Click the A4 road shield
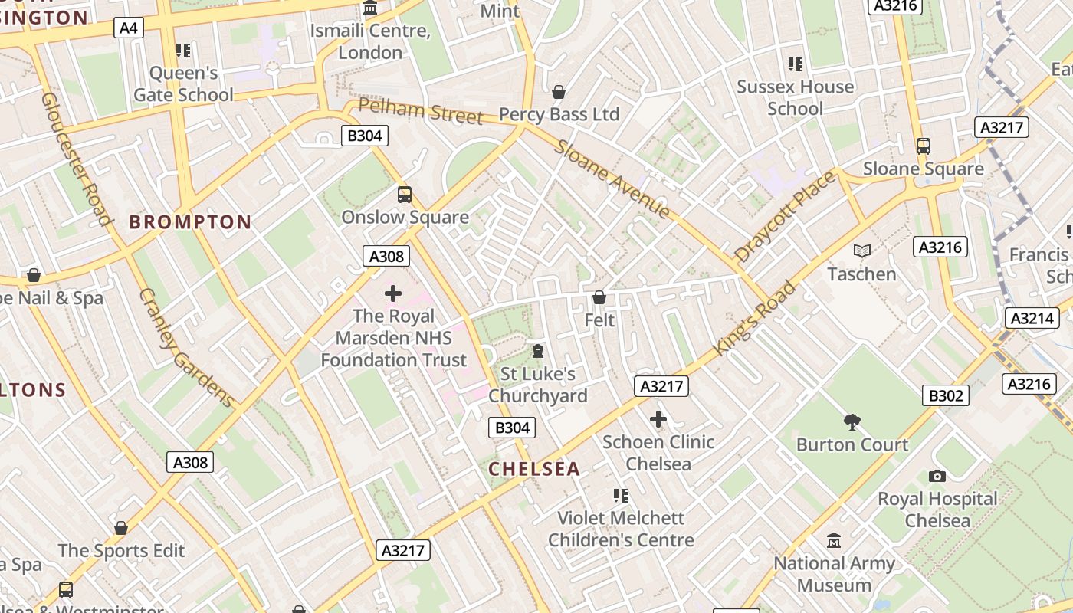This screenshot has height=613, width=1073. pos(129,28)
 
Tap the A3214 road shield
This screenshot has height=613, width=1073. pos(1032,318)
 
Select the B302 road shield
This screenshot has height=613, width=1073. pos(945,395)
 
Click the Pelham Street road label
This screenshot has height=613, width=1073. pos(420,111)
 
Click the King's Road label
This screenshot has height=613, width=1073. pos(754,318)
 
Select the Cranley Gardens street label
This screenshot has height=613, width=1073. pos(186,347)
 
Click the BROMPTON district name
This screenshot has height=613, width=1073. pos(190,222)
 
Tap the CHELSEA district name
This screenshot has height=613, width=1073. pos(534,469)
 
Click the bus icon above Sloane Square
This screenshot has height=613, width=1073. pos(923,146)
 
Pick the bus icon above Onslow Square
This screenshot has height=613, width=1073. pos(404,195)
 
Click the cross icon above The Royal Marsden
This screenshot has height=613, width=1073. pos(393,293)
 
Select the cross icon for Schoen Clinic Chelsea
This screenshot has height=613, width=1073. pos(658,419)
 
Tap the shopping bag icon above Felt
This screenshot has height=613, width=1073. pos(599,297)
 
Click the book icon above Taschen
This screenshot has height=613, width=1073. pos(861,251)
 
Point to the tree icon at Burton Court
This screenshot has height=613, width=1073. pos(852,421)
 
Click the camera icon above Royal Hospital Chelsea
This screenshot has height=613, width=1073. pos(937,476)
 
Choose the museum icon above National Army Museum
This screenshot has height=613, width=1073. pos(834,541)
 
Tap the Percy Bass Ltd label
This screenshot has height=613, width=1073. pos(559,115)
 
